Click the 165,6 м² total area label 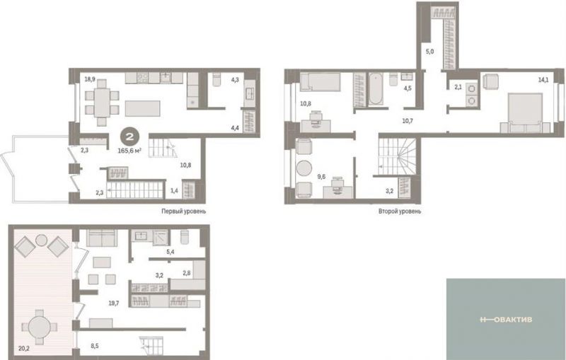click(129, 151)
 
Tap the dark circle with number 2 click(129, 137)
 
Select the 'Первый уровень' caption click(184, 211)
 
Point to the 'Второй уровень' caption click(400, 211)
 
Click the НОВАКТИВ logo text click(506, 319)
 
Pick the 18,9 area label click(90, 79)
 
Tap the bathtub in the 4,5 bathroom click(376, 88)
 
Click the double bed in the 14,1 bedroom click(525, 112)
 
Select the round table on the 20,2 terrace click(40, 327)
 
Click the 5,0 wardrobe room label click(429, 52)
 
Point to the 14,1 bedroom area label click(543, 80)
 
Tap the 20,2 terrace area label click(24, 349)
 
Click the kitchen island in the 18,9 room click(143, 108)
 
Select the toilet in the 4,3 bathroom click(216, 80)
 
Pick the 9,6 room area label click(321, 176)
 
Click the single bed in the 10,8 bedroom click(320, 81)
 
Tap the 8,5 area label click(95, 346)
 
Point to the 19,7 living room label click(114, 303)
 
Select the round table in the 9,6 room click(304, 168)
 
